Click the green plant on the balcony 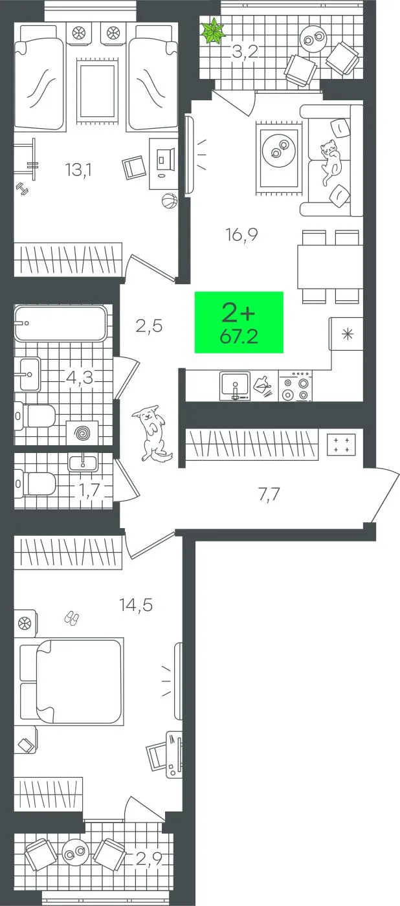coord(213,31)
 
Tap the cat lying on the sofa coord(331,161)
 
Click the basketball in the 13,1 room coord(170,201)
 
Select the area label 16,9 coord(242,234)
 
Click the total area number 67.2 coord(239,336)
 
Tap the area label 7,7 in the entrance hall coord(269,494)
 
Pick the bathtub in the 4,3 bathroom coord(61,323)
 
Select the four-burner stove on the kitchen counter coord(295,387)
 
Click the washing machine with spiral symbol coord(82,433)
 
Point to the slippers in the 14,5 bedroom coord(71,619)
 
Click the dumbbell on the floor coord(23,188)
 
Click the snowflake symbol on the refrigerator coord(348,334)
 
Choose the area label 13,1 coord(79,170)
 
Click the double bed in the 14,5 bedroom coord(71,681)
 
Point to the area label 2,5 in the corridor coord(150,326)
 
